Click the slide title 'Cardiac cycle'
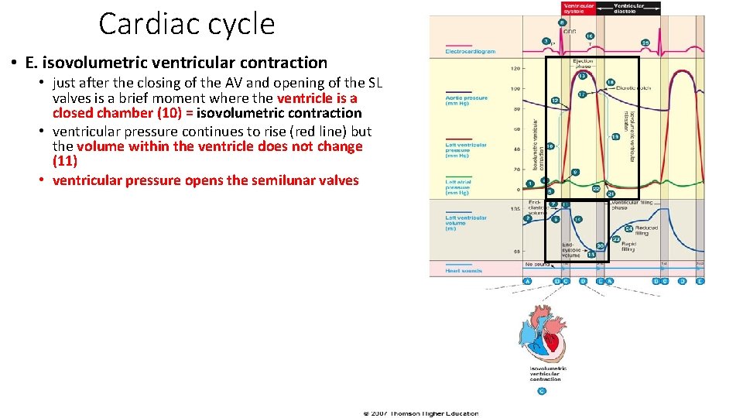pos(187,24)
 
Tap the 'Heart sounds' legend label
pos(464,271)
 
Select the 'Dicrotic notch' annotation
pos(634,88)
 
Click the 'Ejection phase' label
pos(582,63)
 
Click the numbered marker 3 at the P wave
pos(546,40)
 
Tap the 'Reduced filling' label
pos(646,231)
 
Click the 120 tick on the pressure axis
pos(515,69)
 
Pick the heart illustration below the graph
pos(545,334)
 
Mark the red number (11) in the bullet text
pos(65,161)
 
